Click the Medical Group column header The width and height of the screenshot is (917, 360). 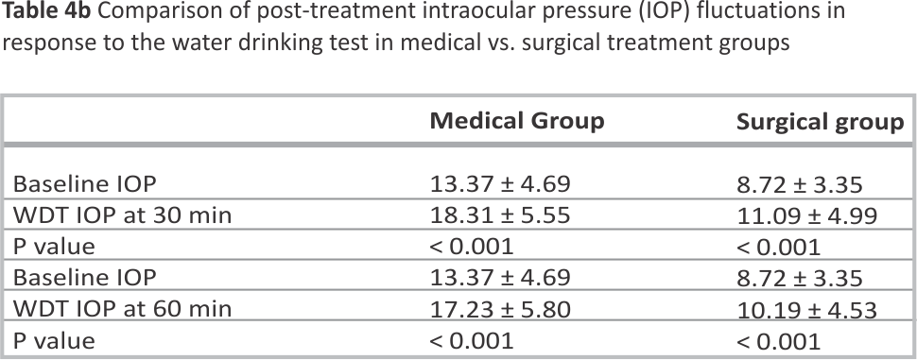(x=517, y=122)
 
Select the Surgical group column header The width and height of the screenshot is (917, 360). (x=821, y=122)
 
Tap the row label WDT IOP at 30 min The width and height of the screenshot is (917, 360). (x=122, y=215)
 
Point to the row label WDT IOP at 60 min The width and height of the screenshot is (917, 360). (x=122, y=309)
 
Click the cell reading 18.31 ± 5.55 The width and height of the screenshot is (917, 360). (x=500, y=215)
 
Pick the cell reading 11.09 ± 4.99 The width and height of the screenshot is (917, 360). (x=807, y=215)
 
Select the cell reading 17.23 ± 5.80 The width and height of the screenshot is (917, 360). (x=500, y=309)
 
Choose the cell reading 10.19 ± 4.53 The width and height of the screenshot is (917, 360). (x=807, y=309)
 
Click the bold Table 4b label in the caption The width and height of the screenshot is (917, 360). (x=45, y=11)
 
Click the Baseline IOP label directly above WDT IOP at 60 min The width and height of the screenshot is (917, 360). (x=85, y=277)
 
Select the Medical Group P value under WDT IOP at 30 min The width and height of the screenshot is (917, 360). (x=472, y=247)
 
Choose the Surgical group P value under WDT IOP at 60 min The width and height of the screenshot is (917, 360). (x=778, y=340)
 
